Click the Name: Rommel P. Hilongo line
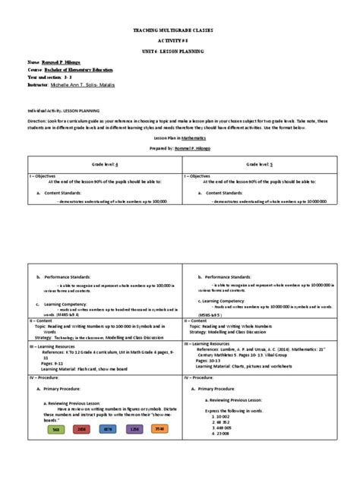point(56,61)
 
